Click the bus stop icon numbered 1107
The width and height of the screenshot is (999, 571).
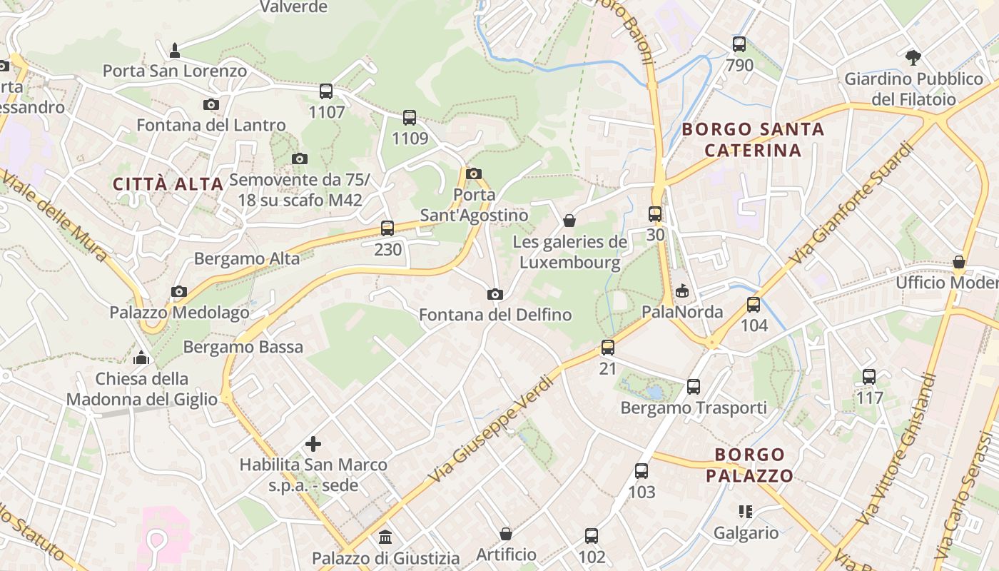326,91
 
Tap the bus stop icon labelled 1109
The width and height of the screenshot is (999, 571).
410,118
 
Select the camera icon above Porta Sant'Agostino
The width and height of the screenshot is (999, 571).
473,173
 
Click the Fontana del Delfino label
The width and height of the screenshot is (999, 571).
495,315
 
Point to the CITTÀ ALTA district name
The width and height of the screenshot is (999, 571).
168,184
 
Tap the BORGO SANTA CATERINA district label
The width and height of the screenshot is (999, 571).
753,140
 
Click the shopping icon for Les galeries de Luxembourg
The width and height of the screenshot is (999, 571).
569,221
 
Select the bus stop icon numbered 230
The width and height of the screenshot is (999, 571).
387,228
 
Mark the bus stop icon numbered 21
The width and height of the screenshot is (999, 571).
608,348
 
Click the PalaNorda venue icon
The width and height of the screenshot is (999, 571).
682,290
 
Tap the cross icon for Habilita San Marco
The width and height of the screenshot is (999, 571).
313,444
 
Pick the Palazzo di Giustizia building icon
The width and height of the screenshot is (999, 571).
385,537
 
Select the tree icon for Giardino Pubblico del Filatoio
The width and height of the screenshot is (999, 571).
913,57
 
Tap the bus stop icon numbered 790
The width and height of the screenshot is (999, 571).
739,44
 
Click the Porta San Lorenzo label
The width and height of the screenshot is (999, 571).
175,71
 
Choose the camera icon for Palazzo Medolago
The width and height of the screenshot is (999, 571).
179,291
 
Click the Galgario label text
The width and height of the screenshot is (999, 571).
746,533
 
